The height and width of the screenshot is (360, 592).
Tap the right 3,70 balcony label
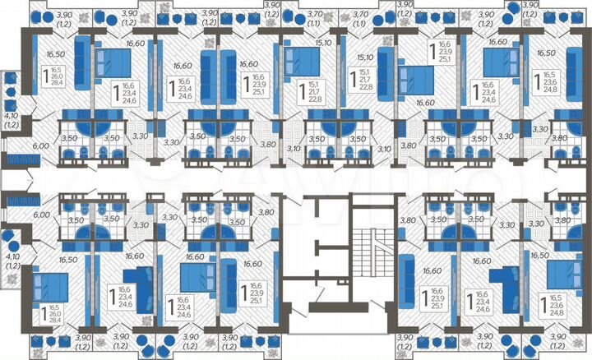(359, 15)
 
